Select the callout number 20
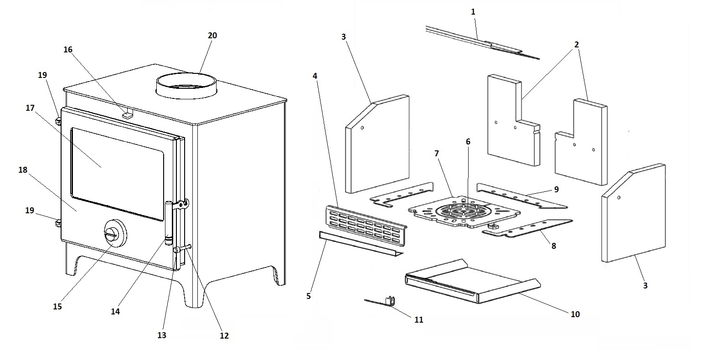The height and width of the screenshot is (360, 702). point(212,36)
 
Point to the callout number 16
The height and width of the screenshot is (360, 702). point(68,50)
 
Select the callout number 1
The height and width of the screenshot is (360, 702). point(473,12)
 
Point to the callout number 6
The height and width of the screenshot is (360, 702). point(468,142)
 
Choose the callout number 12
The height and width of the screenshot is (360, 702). point(224,336)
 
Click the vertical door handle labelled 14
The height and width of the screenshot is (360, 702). point(169,221)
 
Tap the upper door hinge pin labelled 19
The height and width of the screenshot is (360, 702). point(58,121)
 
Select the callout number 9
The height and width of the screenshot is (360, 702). point(556,189)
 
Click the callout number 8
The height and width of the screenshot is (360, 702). point(554,246)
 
